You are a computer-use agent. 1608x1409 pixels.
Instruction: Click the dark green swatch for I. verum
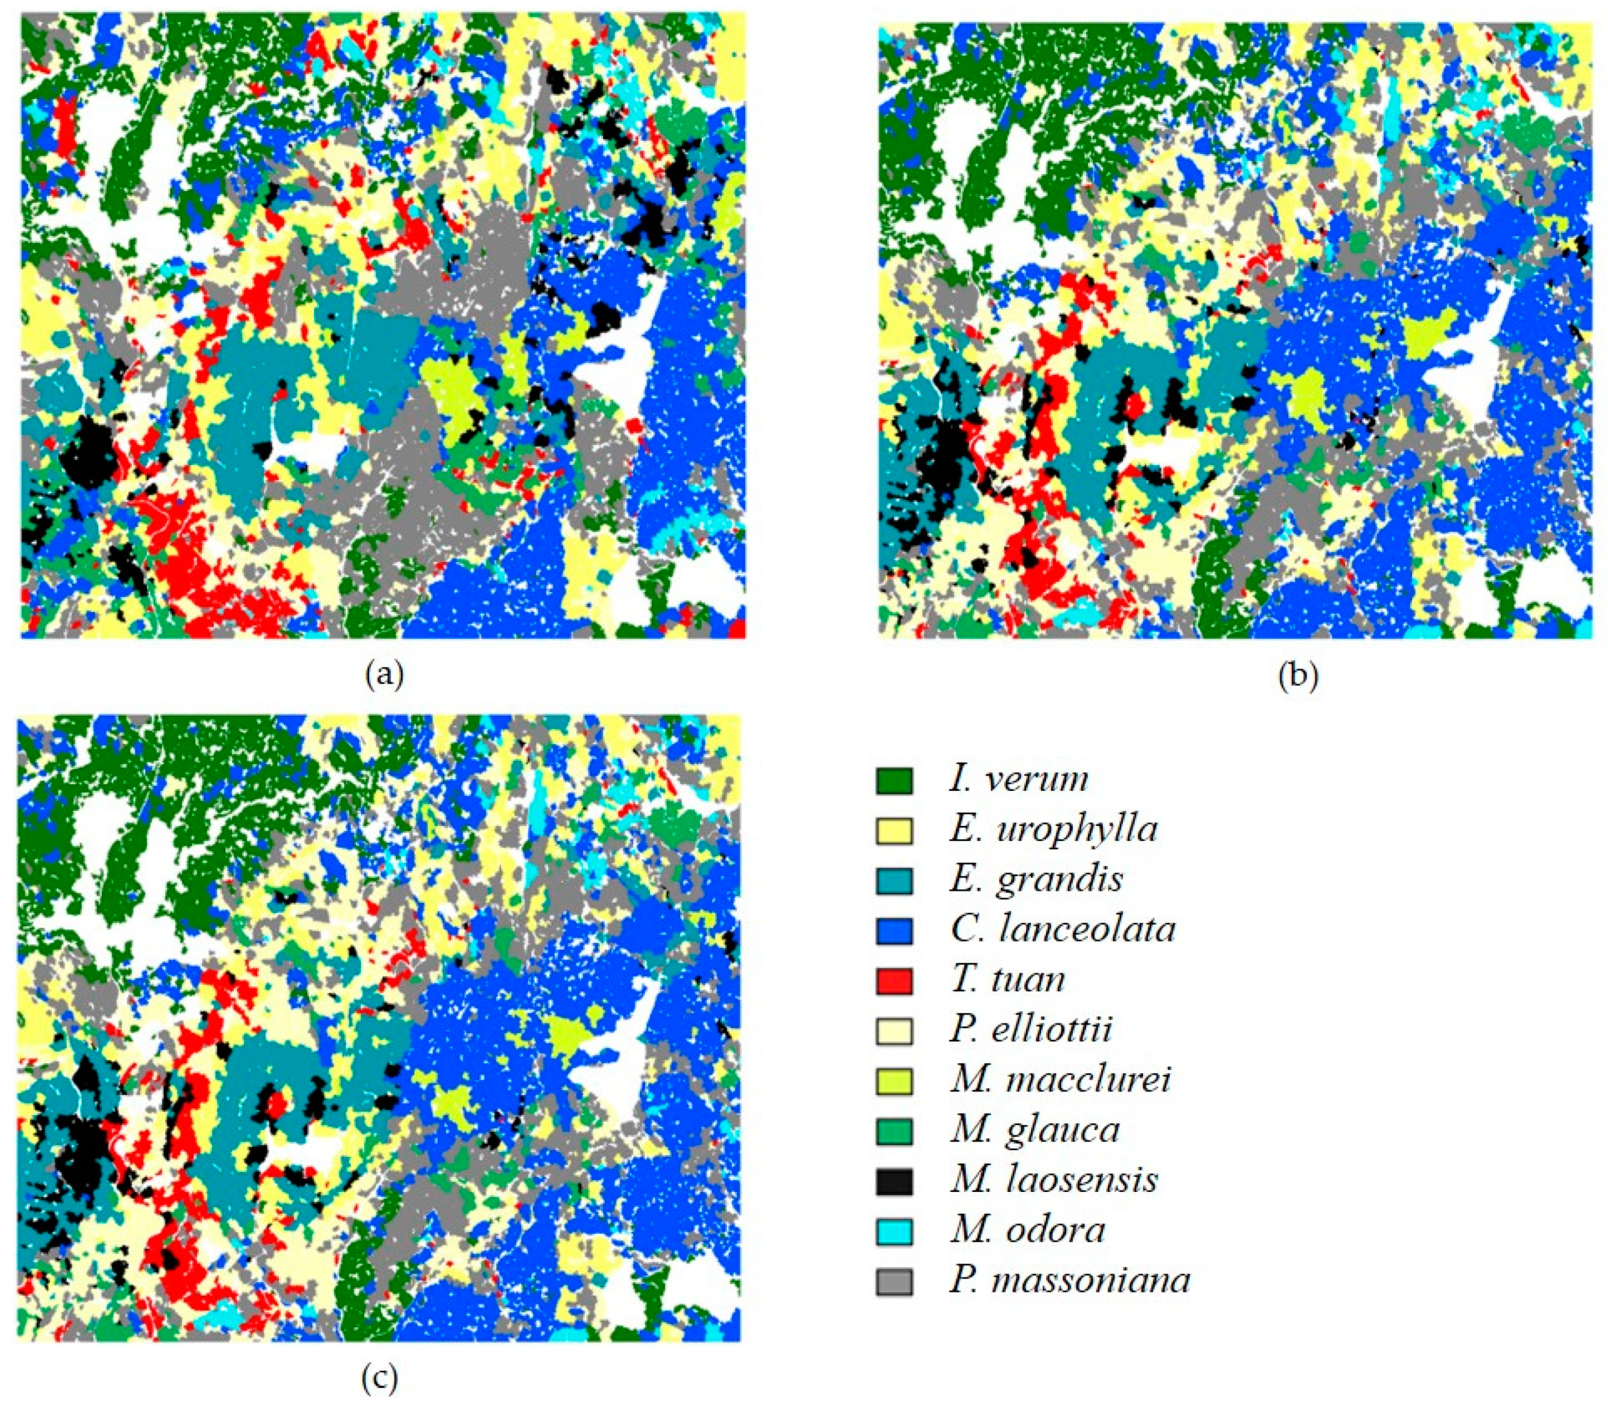click(894, 781)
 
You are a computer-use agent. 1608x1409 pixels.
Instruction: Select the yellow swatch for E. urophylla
click(894, 831)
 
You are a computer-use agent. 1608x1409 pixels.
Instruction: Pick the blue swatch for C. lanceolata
click(894, 930)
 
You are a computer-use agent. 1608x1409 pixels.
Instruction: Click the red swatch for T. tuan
click(894, 981)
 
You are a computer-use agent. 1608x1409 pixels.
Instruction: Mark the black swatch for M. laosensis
click(894, 1181)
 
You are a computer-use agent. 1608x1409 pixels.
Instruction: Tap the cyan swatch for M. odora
click(894, 1231)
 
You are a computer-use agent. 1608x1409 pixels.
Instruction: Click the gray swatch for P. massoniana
click(894, 1282)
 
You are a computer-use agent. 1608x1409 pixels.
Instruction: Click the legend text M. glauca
click(1034, 1131)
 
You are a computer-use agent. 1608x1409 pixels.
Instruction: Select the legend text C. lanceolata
click(1061, 930)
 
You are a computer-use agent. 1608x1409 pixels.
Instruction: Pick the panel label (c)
click(379, 1377)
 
